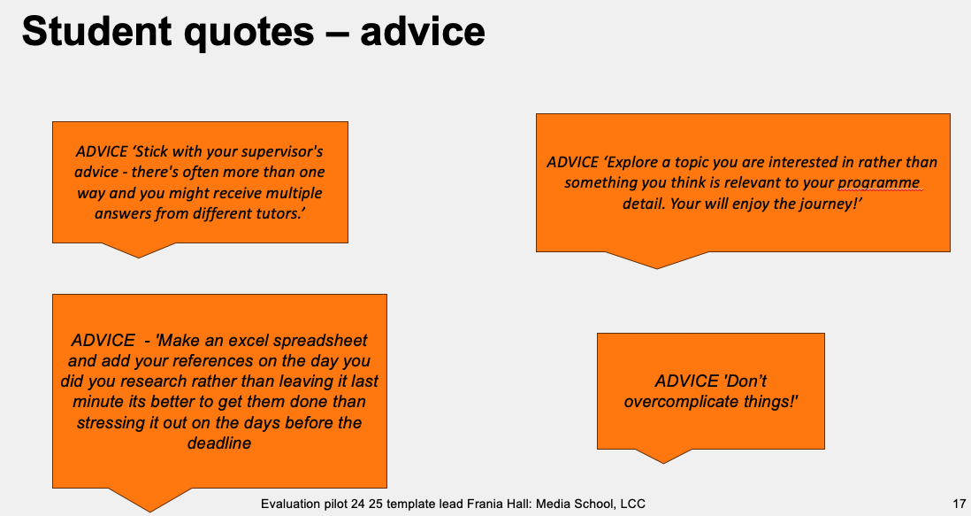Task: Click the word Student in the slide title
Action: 96,31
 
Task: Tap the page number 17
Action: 959,504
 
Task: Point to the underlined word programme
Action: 879,182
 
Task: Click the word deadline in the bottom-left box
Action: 219,443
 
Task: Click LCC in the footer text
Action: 632,504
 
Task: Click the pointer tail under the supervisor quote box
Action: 138,250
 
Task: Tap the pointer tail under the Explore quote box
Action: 657,259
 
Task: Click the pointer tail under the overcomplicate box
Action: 663,456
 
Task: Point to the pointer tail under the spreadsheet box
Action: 149,499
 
